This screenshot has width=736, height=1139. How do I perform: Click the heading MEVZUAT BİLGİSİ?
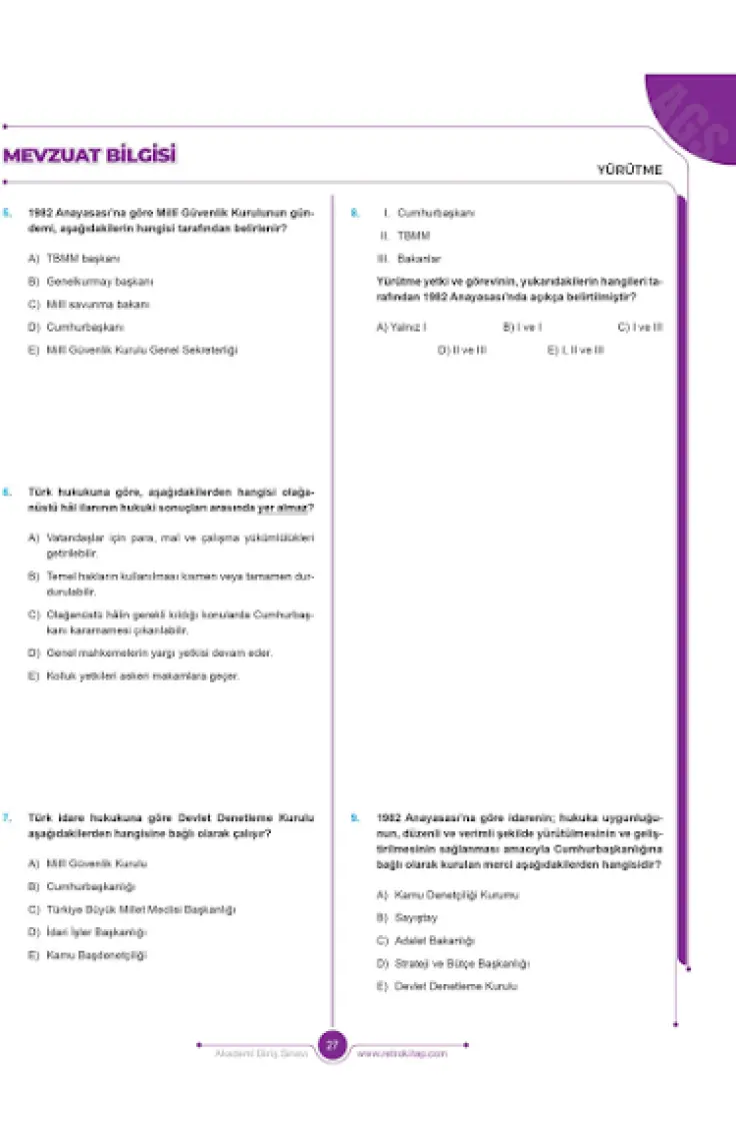pyautogui.click(x=90, y=155)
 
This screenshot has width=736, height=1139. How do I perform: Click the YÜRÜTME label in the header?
pyautogui.click(x=630, y=170)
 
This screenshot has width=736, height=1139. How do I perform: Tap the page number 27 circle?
pyautogui.click(x=332, y=1045)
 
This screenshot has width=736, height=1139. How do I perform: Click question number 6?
pyautogui.click(x=7, y=492)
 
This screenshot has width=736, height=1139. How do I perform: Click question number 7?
pyautogui.click(x=7, y=817)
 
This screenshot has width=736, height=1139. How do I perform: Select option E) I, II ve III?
pyautogui.click(x=576, y=350)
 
